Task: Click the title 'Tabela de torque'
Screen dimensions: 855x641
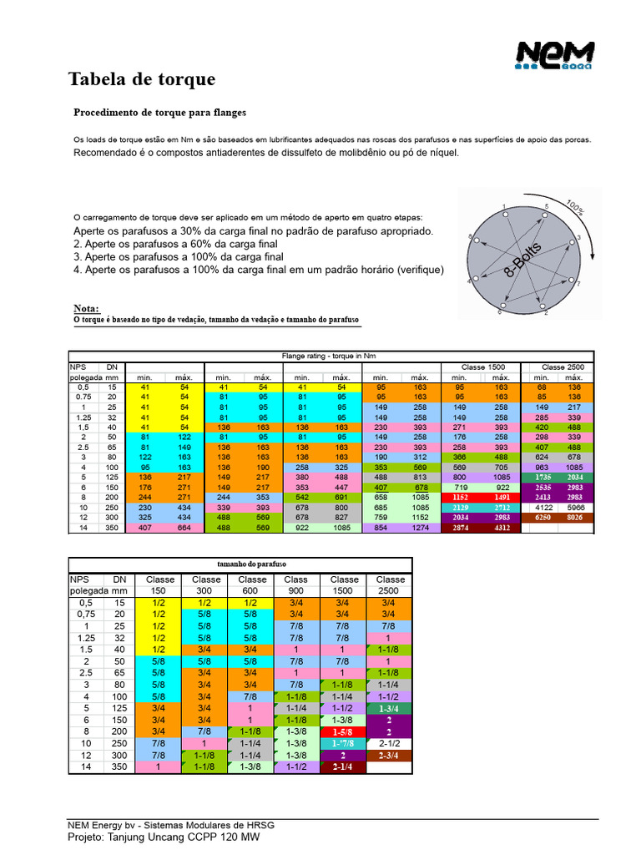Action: click(x=141, y=79)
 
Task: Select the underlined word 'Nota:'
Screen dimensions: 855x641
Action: click(x=86, y=309)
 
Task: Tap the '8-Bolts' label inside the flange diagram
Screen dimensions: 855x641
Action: click(x=524, y=260)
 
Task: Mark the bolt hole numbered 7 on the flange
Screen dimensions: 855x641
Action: click(x=572, y=284)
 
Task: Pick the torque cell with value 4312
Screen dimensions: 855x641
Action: click(x=502, y=528)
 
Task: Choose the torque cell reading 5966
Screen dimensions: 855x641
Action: click(x=576, y=507)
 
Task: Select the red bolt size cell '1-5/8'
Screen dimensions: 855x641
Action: click(x=345, y=731)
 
